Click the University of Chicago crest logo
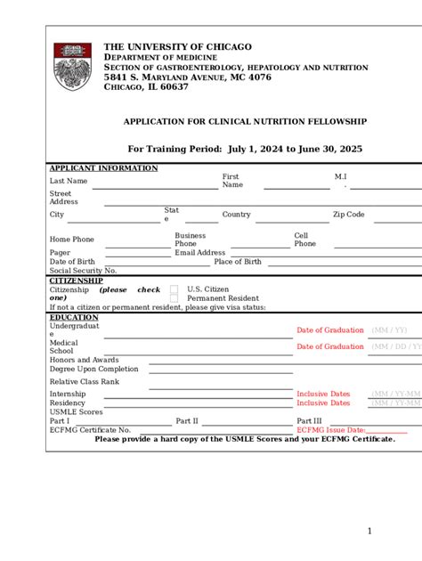click(72, 65)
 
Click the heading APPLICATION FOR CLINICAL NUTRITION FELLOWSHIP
click(245, 121)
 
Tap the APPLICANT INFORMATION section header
click(103, 168)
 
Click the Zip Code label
click(349, 215)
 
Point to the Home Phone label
click(72, 240)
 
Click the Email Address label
click(200, 253)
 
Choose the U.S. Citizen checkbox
click(174, 289)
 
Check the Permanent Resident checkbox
click(174, 299)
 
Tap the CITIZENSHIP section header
click(77, 280)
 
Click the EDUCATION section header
click(74, 317)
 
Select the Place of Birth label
click(238, 262)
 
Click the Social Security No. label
click(83, 271)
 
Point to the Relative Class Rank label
click(85, 381)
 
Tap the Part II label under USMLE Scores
click(187, 421)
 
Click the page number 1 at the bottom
click(369, 532)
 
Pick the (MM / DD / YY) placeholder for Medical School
click(396, 346)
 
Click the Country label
click(236, 215)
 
